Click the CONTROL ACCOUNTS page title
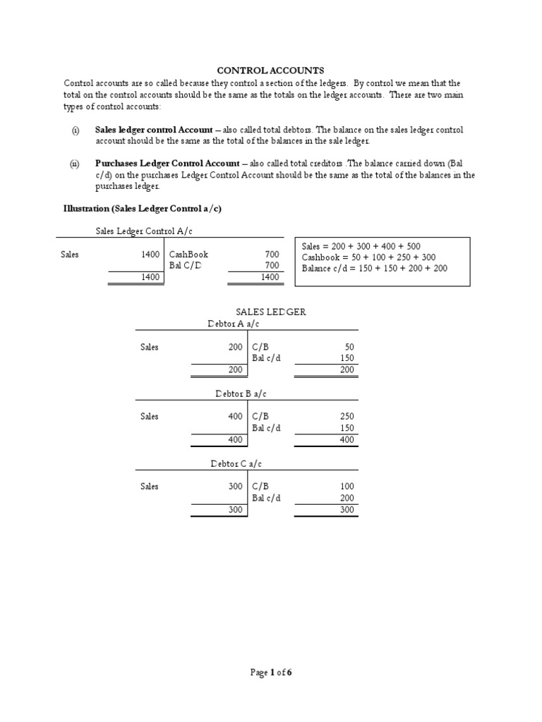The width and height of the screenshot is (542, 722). (x=270, y=71)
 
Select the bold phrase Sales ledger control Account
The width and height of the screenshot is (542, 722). (x=153, y=130)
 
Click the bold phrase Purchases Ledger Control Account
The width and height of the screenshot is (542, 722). (x=167, y=164)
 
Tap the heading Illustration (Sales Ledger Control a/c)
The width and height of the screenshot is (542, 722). (x=143, y=209)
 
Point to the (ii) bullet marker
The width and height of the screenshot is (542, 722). (x=75, y=164)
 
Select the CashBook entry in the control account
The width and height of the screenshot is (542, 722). (x=188, y=255)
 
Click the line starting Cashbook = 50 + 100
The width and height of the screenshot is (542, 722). (x=368, y=257)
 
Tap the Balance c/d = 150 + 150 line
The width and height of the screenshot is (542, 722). (x=374, y=269)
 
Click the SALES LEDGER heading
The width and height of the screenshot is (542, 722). (x=270, y=312)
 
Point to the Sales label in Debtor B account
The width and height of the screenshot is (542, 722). (x=150, y=417)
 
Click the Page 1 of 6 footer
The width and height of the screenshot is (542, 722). (x=271, y=673)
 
